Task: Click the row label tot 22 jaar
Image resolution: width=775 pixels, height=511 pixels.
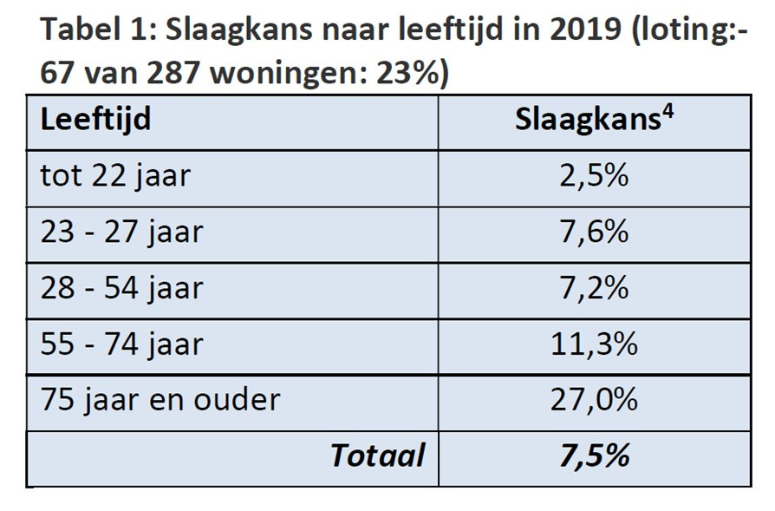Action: (115, 177)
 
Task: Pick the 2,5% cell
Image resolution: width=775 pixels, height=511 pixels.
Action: (594, 177)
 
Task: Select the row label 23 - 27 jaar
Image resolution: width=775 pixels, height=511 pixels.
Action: (121, 233)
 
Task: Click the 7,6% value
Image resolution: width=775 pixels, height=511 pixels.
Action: (594, 233)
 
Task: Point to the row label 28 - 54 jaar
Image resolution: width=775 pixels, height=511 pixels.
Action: (121, 288)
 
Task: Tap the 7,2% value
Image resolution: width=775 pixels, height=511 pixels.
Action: (594, 288)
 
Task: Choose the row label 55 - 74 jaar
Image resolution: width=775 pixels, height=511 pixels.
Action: (121, 344)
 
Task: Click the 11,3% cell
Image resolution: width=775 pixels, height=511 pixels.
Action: (594, 344)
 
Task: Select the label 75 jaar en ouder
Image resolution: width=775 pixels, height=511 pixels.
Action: (160, 400)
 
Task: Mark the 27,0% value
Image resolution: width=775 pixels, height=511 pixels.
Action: (594, 400)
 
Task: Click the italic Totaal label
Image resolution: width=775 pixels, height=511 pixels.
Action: (378, 455)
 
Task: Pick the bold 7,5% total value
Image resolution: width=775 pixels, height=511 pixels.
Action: (594, 455)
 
